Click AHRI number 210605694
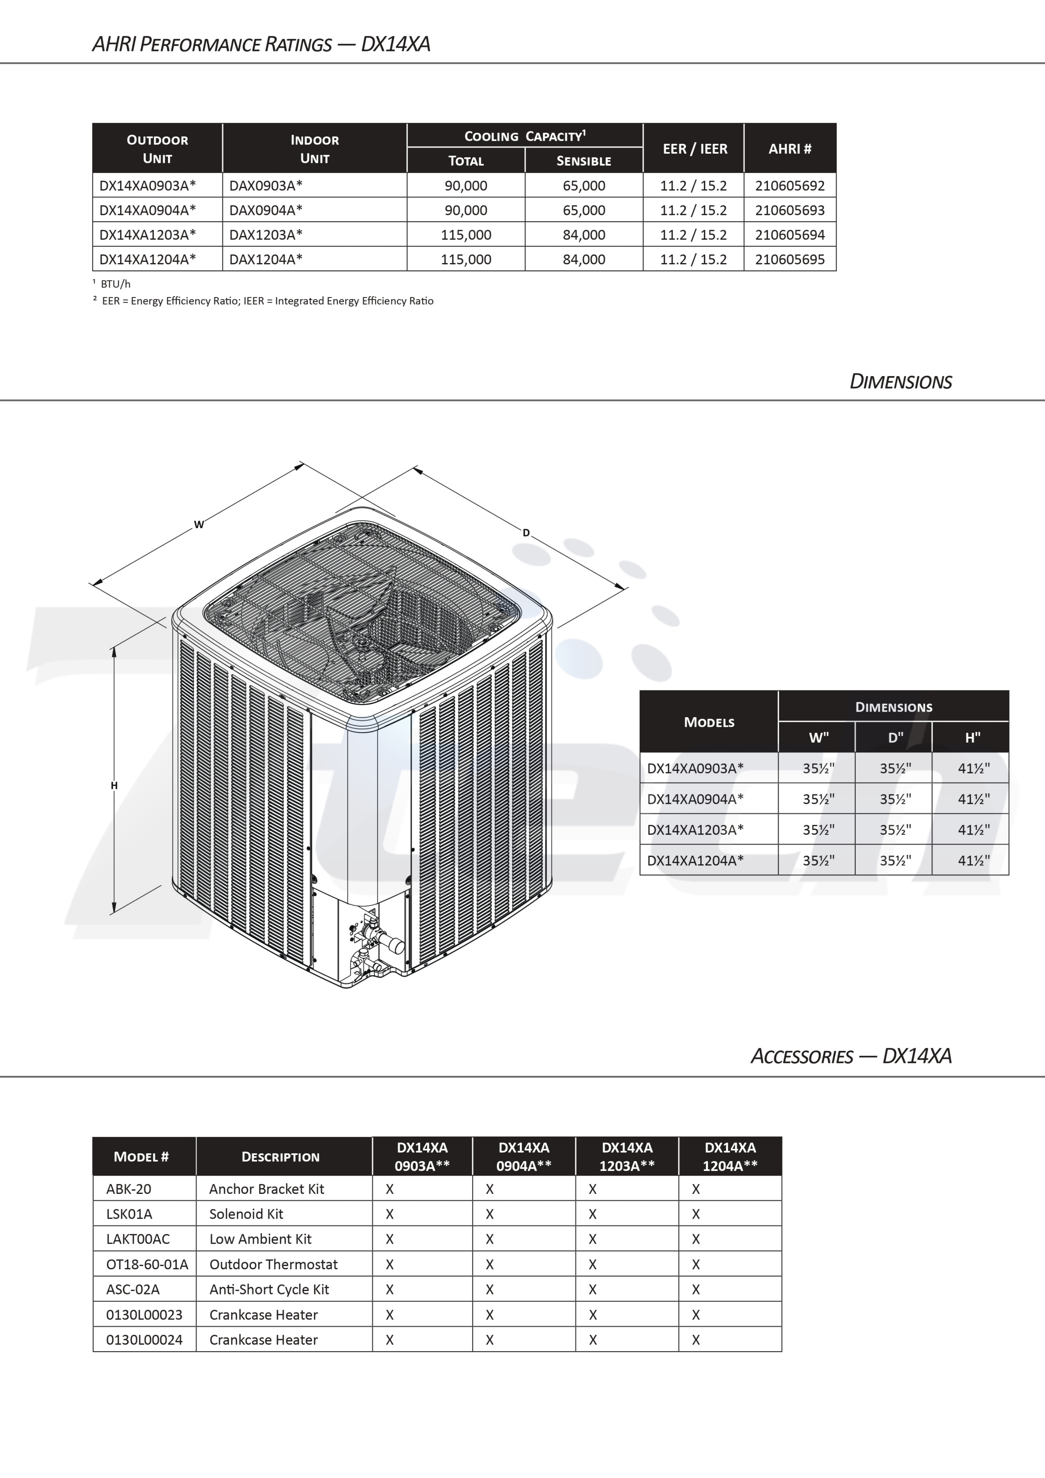[x=789, y=235]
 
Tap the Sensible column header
[x=583, y=161]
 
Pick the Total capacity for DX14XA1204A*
[x=466, y=259]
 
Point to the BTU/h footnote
[x=115, y=284]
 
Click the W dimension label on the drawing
[x=199, y=525]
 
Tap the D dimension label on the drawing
[x=526, y=533]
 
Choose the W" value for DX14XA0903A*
[x=818, y=768]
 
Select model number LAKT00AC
[x=138, y=1239]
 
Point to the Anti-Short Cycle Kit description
[x=269, y=1290]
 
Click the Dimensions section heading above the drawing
[x=900, y=382]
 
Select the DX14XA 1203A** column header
[x=626, y=1156]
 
